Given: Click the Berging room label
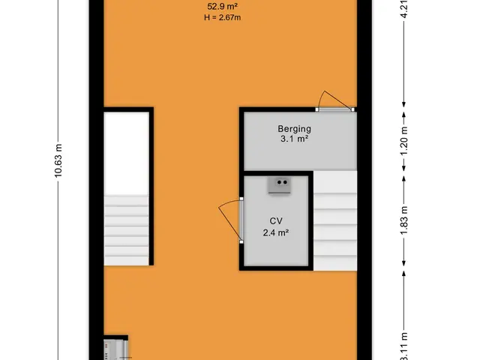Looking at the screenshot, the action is (x=294, y=129).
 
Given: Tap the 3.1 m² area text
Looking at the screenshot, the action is (x=294, y=139).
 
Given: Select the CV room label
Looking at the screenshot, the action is (x=276, y=221).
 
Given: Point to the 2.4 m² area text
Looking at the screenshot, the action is (x=276, y=233).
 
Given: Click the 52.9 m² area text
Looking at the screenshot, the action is (x=223, y=7).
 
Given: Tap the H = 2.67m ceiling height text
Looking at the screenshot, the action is (x=223, y=17).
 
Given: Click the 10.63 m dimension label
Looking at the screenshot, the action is (x=58, y=160).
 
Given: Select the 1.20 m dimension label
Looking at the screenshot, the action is (x=404, y=141).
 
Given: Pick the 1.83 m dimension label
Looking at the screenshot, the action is (x=404, y=221).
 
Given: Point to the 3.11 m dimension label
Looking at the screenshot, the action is (x=404, y=346).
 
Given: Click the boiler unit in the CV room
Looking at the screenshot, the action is (x=279, y=185).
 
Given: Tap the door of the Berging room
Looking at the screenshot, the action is (x=335, y=109).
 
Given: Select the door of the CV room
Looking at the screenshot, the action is (x=241, y=220).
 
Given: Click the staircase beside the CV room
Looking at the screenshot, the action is (x=335, y=220).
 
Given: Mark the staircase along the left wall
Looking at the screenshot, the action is (x=127, y=230).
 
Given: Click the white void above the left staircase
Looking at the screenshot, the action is (x=127, y=153).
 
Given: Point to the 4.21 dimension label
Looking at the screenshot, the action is (x=404, y=9).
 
